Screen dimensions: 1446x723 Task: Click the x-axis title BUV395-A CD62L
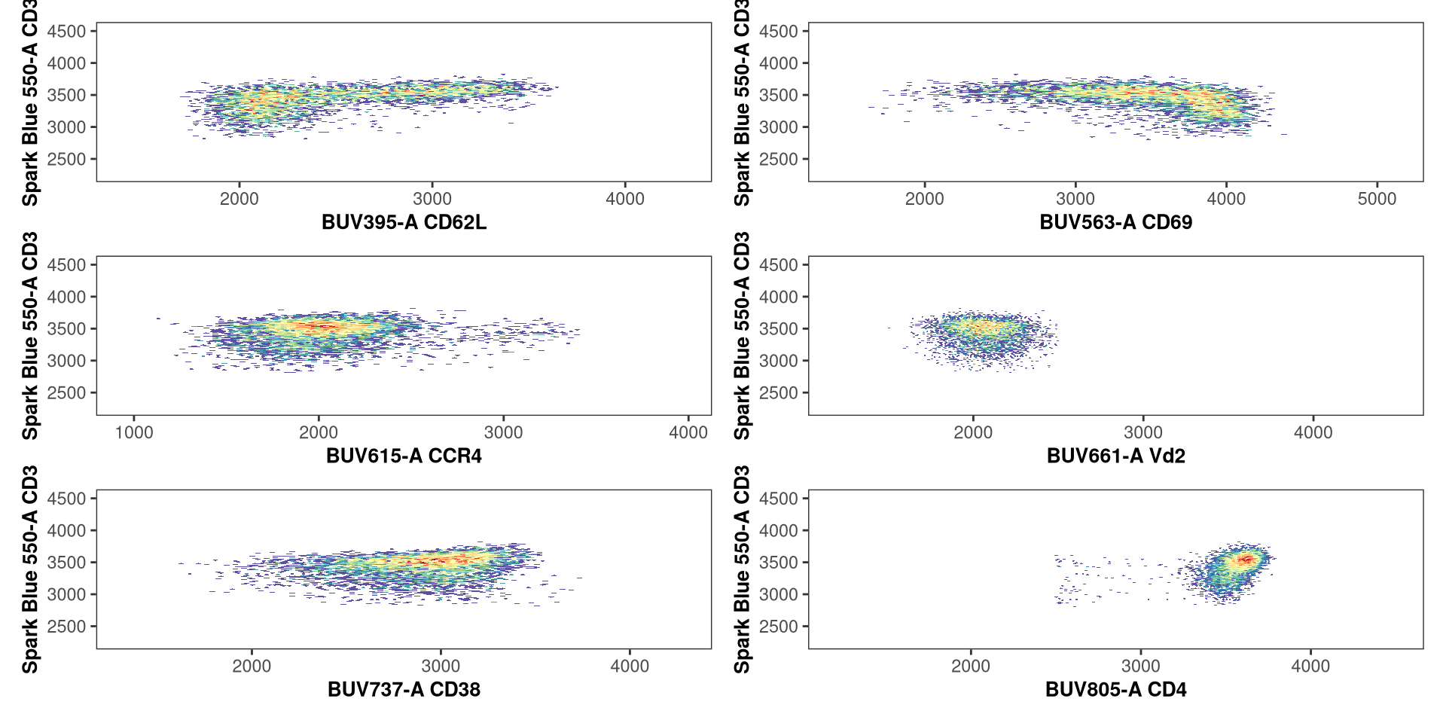[x=404, y=222]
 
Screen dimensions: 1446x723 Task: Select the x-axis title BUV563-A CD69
[x=1115, y=222]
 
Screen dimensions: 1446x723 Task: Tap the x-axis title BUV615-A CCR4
[x=404, y=456]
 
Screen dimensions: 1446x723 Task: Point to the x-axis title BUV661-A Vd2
[x=1115, y=456]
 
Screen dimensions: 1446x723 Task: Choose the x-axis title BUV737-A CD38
[x=404, y=689]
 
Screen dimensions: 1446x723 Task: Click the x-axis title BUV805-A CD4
[x=1115, y=689]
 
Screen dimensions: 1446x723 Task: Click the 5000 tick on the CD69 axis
[x=1377, y=199]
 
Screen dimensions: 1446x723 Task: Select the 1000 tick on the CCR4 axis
[x=134, y=432]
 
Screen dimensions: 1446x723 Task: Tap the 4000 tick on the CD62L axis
[x=625, y=199]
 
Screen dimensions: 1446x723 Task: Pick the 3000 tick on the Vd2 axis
[x=1143, y=432]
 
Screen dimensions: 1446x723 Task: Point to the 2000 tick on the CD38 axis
[x=252, y=666]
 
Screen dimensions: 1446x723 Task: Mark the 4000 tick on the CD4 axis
[x=1310, y=666]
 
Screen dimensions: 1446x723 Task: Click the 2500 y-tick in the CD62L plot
[x=66, y=159]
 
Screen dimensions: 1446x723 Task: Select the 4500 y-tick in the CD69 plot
[x=779, y=32]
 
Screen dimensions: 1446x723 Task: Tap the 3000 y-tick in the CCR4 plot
[x=66, y=361]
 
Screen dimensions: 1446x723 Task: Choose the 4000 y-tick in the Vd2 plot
[x=779, y=297]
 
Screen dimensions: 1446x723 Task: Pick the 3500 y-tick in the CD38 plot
[x=66, y=563]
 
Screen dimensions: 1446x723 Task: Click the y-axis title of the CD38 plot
[x=29, y=569]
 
